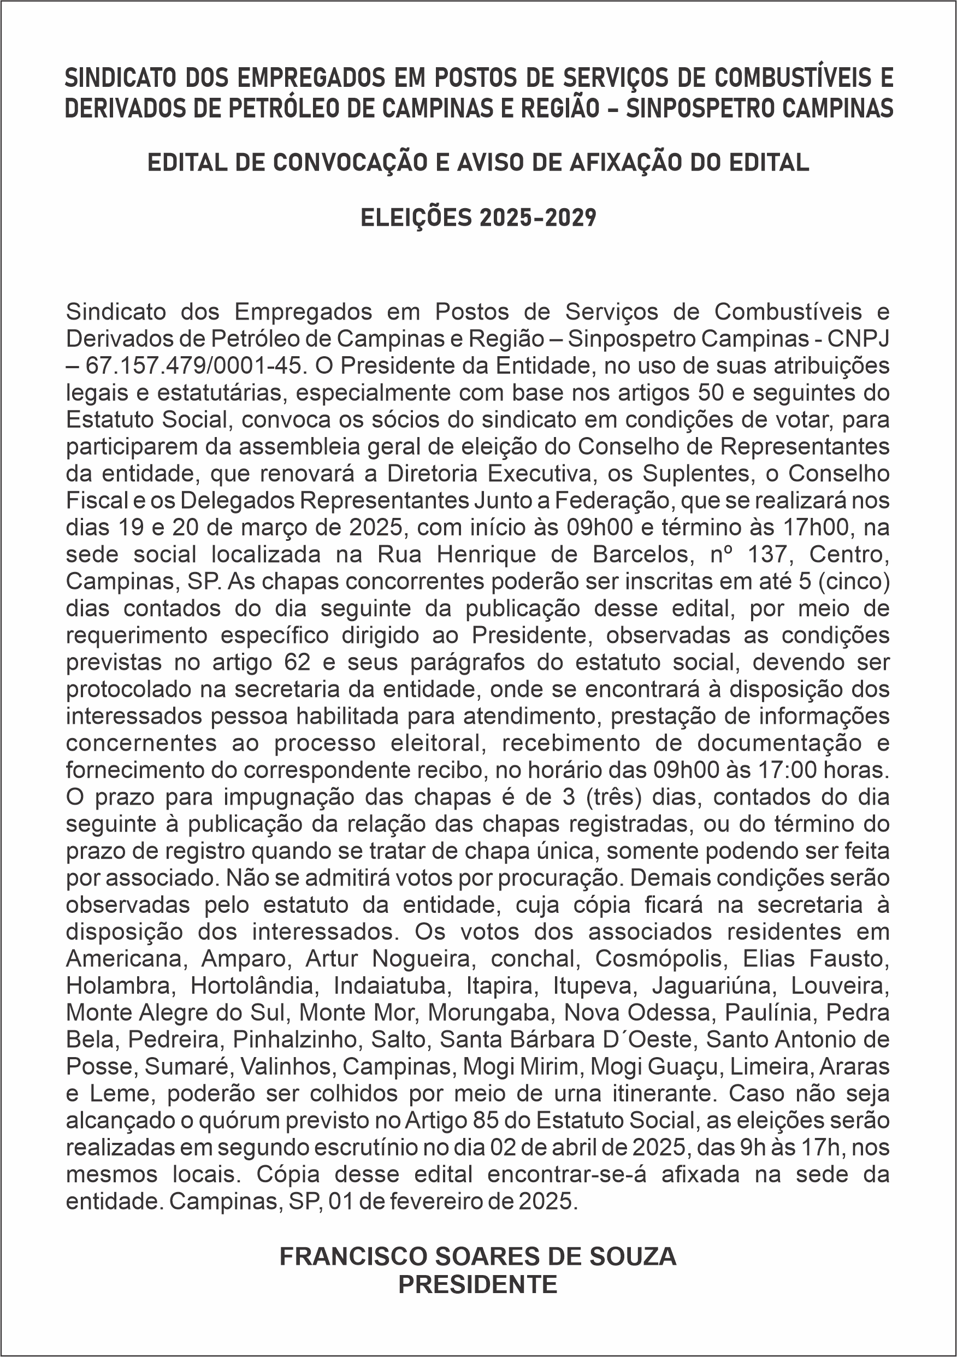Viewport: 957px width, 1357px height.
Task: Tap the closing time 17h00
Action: click(x=816, y=527)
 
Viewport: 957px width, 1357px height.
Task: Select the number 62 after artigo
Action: click(x=297, y=662)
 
